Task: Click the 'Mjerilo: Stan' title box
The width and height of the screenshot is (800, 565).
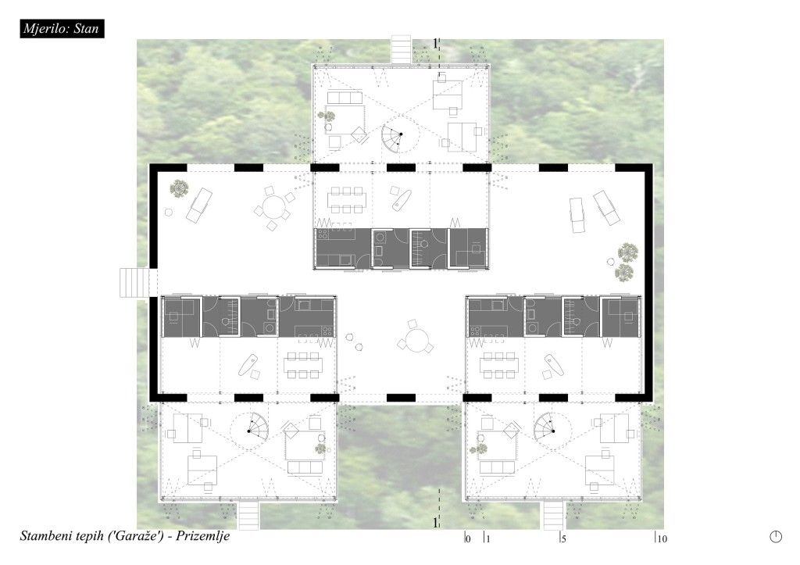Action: click(x=62, y=28)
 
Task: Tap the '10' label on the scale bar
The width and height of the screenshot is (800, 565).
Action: click(x=662, y=538)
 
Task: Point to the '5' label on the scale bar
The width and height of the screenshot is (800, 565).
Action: click(x=563, y=538)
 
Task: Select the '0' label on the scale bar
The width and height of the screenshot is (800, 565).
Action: click(x=469, y=538)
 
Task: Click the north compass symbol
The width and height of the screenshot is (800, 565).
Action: click(x=776, y=536)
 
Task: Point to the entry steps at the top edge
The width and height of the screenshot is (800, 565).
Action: click(x=401, y=49)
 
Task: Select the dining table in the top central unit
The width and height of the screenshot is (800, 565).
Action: click(x=346, y=199)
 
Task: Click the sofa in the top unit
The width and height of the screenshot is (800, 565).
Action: click(x=345, y=97)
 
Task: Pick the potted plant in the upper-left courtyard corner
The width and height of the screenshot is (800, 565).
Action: click(x=180, y=188)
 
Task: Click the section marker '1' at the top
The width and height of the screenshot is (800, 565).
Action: click(x=434, y=44)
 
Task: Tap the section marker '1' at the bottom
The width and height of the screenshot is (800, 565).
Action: click(x=434, y=523)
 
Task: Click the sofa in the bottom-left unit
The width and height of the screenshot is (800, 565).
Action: click(x=305, y=467)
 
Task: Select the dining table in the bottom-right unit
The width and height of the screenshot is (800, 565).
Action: click(x=498, y=365)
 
